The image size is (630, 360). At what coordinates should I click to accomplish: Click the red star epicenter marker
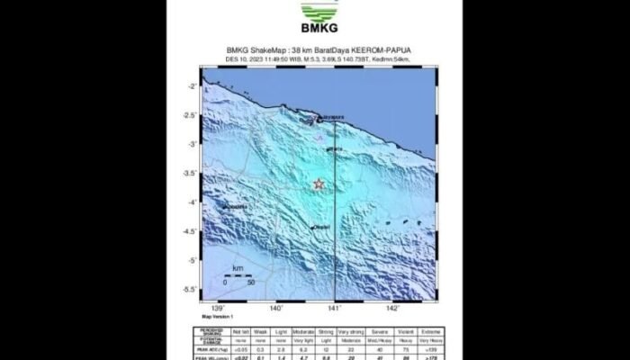(319, 184)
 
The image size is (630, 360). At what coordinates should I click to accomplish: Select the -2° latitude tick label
(192, 85)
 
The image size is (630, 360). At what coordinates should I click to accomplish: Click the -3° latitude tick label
(192, 144)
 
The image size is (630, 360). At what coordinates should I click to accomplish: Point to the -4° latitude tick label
(192, 202)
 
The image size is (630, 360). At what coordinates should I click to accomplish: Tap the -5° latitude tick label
(192, 260)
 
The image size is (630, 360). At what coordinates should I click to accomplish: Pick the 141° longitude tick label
(334, 308)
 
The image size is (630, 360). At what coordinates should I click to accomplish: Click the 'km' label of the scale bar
(238, 268)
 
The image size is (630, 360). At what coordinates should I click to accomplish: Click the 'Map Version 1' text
(219, 315)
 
